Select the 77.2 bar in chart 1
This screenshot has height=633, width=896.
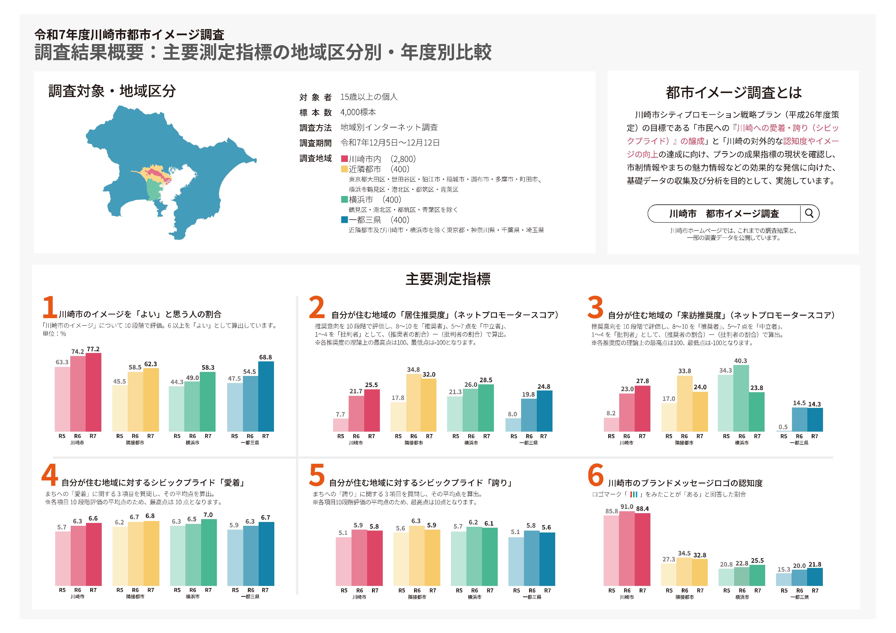(93, 392)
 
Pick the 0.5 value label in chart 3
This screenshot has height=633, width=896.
(783, 427)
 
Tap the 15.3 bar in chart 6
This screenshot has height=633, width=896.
(784, 579)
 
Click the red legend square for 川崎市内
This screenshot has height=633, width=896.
(344, 159)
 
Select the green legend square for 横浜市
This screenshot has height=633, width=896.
(344, 199)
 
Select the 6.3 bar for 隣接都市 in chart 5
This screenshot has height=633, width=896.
(416, 555)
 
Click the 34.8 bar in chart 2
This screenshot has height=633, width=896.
(413, 403)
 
